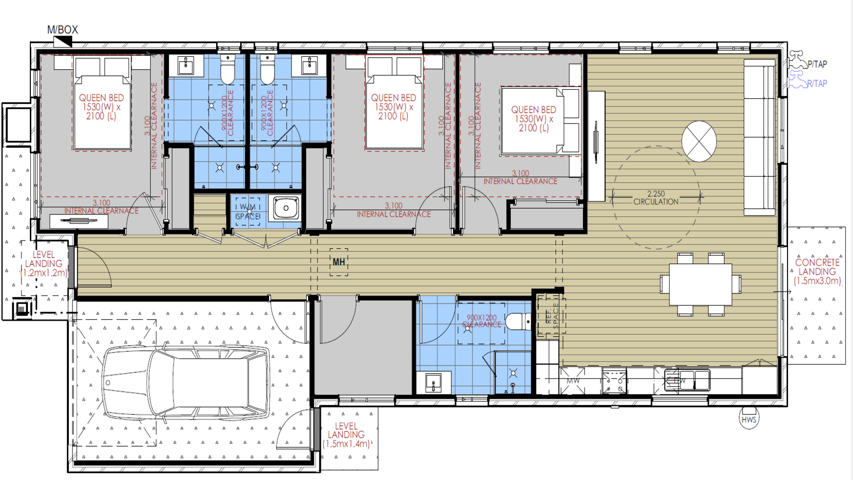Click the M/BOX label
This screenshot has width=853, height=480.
coord(62,30)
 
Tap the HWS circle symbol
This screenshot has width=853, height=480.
coord(749,419)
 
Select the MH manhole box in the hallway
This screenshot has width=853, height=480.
coord(339,262)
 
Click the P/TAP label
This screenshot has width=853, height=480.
coord(817,64)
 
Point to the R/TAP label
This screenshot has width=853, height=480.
coord(817,83)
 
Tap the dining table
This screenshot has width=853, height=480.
coord(700,284)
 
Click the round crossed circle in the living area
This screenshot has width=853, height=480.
coord(699,141)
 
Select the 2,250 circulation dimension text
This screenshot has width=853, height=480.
coord(656,197)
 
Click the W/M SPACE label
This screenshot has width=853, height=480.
coord(248,212)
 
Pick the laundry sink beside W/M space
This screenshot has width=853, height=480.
coord(286,208)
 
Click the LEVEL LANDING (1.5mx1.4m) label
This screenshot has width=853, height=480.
coord(346,435)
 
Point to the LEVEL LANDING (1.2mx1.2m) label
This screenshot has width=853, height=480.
coord(44,264)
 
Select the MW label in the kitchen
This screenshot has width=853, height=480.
coord(573,381)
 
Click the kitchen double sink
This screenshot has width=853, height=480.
coord(687,380)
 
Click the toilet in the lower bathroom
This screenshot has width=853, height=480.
coord(518,322)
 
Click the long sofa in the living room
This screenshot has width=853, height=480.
coord(760,138)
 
